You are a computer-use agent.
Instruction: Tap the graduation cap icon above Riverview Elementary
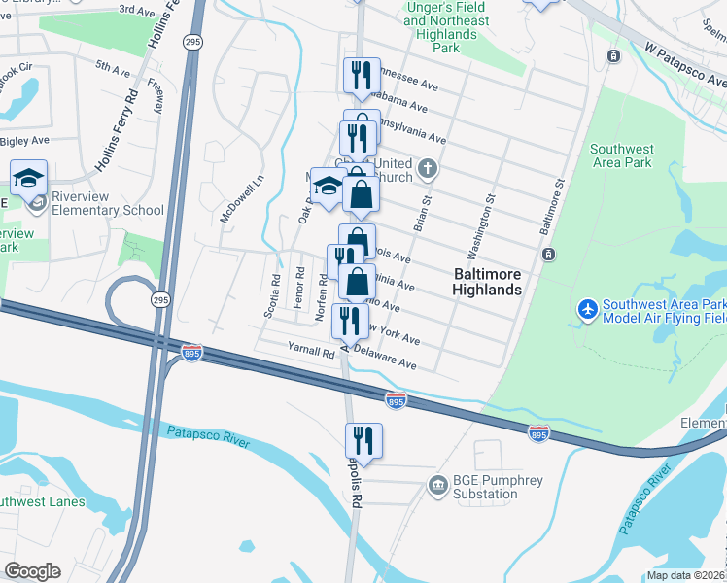(x=29, y=178)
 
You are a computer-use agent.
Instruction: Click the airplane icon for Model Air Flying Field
(x=586, y=309)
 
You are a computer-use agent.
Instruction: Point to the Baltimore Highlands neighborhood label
(x=488, y=282)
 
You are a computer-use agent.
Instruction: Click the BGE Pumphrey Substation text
(x=486, y=487)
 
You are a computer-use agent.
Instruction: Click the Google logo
(x=32, y=571)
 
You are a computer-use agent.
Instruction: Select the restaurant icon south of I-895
(x=363, y=441)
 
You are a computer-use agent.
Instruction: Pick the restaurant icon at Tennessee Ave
(x=361, y=75)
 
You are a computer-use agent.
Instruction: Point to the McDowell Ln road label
(x=229, y=199)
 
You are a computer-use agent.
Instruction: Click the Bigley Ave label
(x=24, y=141)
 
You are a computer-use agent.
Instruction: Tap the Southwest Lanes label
(x=43, y=502)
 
